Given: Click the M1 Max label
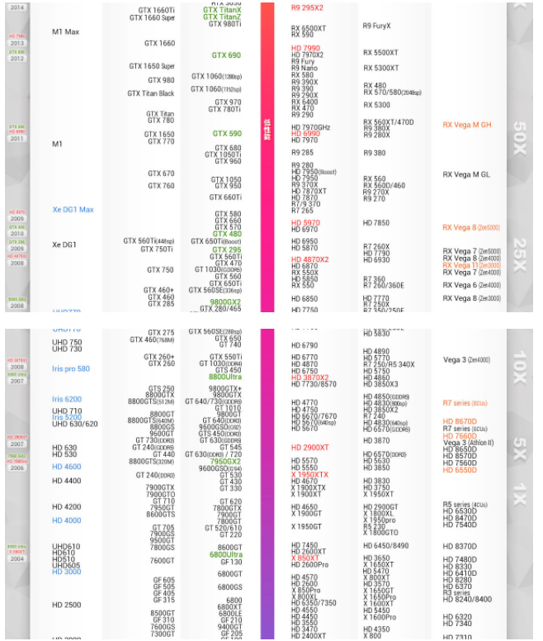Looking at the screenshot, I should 65,31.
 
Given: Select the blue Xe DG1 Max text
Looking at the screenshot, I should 73,210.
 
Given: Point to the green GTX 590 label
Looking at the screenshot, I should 227,134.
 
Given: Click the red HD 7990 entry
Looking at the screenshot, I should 305,48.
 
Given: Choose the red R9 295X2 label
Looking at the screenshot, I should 307,7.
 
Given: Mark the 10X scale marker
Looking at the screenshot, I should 517,361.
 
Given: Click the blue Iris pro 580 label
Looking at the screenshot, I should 71,369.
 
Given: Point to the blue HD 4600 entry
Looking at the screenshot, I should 67,467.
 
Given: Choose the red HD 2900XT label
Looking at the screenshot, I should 310,447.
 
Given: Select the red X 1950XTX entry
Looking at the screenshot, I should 309,475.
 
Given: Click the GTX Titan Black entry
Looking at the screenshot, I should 151,93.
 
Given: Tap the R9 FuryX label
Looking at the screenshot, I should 376,26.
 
